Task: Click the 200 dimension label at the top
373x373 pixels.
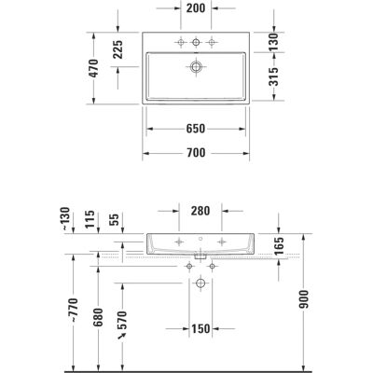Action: [x=196, y=8]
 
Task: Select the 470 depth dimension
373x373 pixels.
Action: [x=93, y=68]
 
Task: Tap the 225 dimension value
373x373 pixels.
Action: [x=117, y=49]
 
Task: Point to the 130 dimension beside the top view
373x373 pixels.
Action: [x=273, y=42]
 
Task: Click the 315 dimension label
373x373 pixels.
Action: [x=273, y=76]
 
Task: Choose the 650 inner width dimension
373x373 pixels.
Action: [x=196, y=129]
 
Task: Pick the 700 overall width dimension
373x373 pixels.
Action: [x=196, y=153]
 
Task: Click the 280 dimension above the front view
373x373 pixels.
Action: [x=200, y=211]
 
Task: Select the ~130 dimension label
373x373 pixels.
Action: [x=67, y=219]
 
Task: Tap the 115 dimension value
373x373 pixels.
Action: [x=90, y=219]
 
